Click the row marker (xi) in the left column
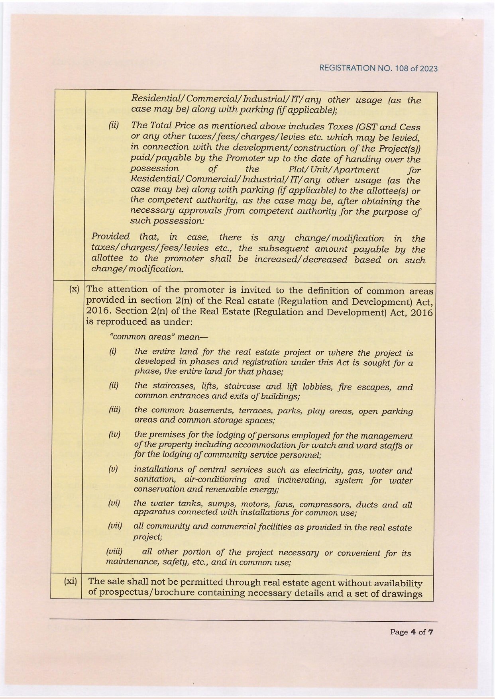(x=71, y=582)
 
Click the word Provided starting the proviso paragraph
(x=110, y=237)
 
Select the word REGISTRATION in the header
(x=347, y=69)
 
